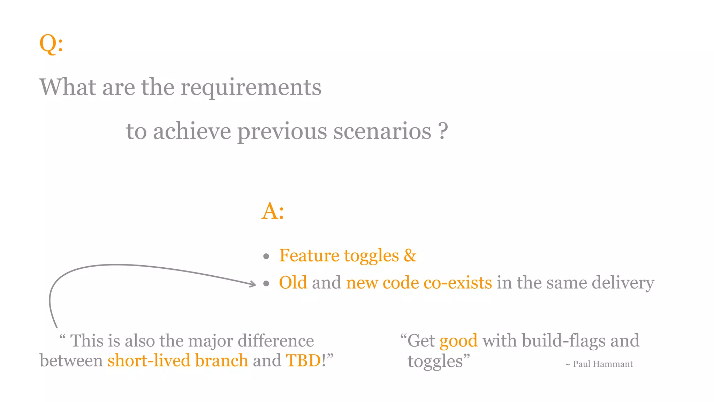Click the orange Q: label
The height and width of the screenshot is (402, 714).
(x=51, y=44)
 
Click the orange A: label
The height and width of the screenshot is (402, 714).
(x=273, y=211)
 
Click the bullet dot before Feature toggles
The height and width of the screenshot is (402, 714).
(x=266, y=257)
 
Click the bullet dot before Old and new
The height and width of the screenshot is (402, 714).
(x=266, y=284)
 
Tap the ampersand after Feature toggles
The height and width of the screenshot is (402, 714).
(x=410, y=255)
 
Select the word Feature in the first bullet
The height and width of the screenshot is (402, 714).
(x=309, y=255)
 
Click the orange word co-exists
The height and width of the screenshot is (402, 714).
(x=457, y=283)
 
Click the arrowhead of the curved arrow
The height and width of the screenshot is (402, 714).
(x=253, y=284)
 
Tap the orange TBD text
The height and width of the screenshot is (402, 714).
(x=303, y=360)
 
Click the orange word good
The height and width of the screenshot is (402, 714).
(x=458, y=341)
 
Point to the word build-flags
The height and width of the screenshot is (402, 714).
(x=563, y=341)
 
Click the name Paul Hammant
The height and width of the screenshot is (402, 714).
(x=602, y=364)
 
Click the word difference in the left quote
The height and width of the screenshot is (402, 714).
(x=275, y=341)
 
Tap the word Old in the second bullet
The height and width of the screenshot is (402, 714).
(x=293, y=283)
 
